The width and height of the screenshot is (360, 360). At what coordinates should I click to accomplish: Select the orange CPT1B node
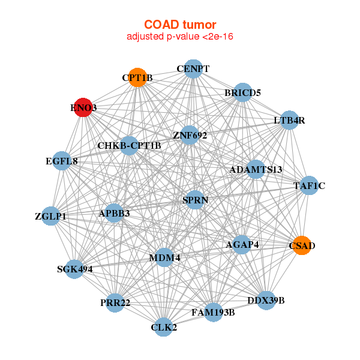[137, 77]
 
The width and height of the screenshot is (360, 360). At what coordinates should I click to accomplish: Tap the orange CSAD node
[302, 245]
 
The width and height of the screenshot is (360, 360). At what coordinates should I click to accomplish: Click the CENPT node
[193, 68]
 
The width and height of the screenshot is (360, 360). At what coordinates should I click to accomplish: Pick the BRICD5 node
[242, 92]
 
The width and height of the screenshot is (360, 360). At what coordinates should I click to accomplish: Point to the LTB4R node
[290, 120]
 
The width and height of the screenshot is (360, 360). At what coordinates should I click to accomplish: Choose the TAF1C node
[310, 185]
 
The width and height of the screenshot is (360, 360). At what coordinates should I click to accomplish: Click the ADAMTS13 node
[256, 169]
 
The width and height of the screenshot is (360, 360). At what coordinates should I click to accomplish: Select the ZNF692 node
[190, 135]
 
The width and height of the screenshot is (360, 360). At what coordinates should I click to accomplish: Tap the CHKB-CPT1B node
[129, 145]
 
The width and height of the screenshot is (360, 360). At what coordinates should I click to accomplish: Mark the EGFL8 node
[62, 161]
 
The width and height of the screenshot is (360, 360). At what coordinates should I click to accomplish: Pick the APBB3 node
[114, 213]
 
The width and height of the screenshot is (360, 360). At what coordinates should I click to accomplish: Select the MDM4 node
[164, 258]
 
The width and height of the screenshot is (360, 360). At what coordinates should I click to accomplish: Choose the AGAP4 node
[242, 244]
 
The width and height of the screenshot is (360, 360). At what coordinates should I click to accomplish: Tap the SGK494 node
[74, 269]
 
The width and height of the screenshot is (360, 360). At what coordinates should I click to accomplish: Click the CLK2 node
[164, 327]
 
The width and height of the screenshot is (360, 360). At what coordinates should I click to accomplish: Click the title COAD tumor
[180, 25]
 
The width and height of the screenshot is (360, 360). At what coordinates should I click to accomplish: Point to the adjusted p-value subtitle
[180, 37]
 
